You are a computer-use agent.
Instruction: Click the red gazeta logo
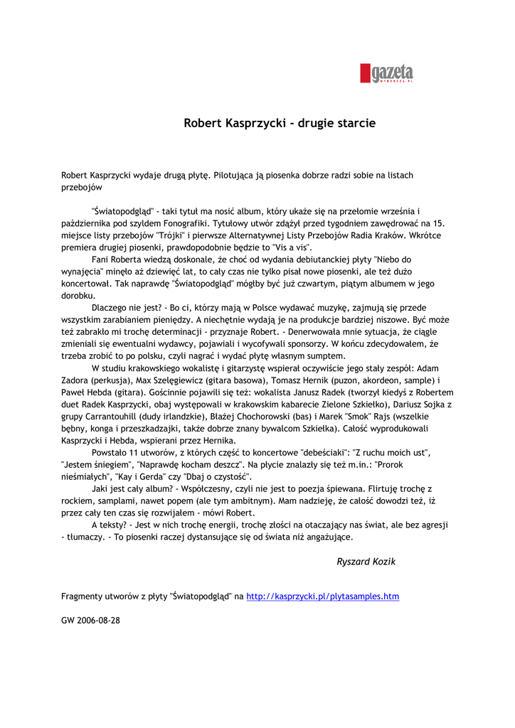click(387, 73)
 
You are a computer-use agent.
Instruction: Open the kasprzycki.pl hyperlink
click(322, 596)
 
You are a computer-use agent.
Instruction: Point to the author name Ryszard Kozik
click(366, 562)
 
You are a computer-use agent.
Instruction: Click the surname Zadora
click(75, 380)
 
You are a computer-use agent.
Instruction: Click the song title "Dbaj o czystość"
click(216, 476)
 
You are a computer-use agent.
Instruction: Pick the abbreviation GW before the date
click(68, 620)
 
